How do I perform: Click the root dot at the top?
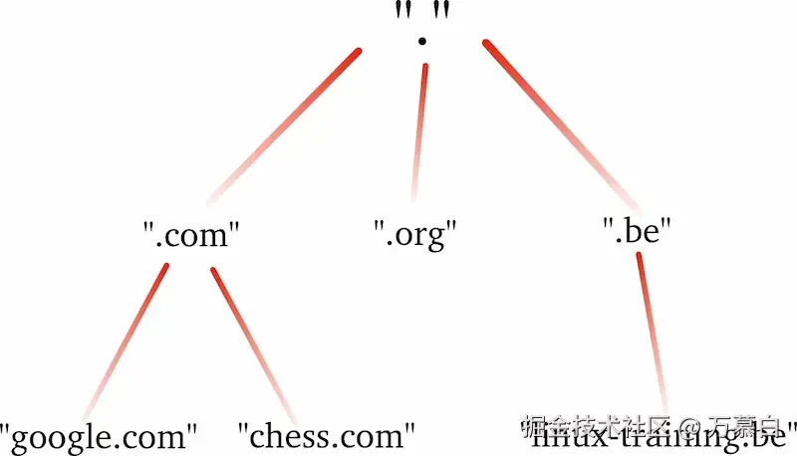(422, 41)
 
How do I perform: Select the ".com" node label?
(191, 236)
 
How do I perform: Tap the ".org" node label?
(414, 236)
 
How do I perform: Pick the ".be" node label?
(638, 232)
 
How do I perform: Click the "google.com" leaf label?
(99, 436)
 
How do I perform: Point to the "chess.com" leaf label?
(326, 436)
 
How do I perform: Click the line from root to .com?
(284, 123)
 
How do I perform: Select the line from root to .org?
(418, 129)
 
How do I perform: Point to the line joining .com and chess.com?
(253, 343)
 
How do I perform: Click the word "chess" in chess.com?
(289, 436)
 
